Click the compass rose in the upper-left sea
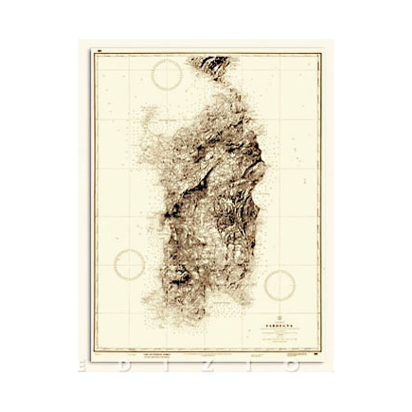[167, 75]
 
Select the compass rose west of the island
[129, 265]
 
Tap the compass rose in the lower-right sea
[280, 285]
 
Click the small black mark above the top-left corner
[98, 50]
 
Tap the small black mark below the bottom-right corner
[315, 355]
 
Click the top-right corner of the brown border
[320, 53]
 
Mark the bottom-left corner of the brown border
[94, 351]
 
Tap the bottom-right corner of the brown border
[320, 351]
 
